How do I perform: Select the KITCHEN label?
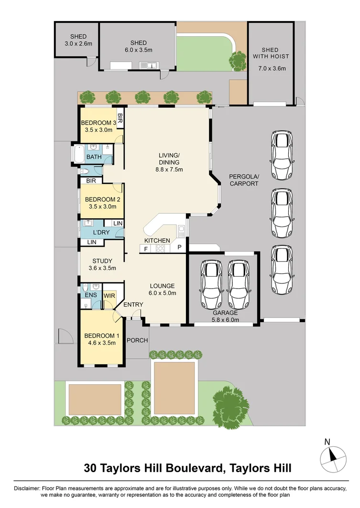157,240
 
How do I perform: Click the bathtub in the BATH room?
78,153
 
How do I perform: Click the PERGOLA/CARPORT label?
243,180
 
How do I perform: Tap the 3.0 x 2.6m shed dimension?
78,43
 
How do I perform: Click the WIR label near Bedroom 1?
109,295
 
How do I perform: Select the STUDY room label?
102,261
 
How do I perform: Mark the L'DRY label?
101,232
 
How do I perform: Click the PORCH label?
137,340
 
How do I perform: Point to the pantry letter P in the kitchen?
179,248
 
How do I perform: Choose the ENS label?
91,295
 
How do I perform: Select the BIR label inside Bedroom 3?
120,118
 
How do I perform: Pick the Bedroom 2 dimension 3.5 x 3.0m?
101,206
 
